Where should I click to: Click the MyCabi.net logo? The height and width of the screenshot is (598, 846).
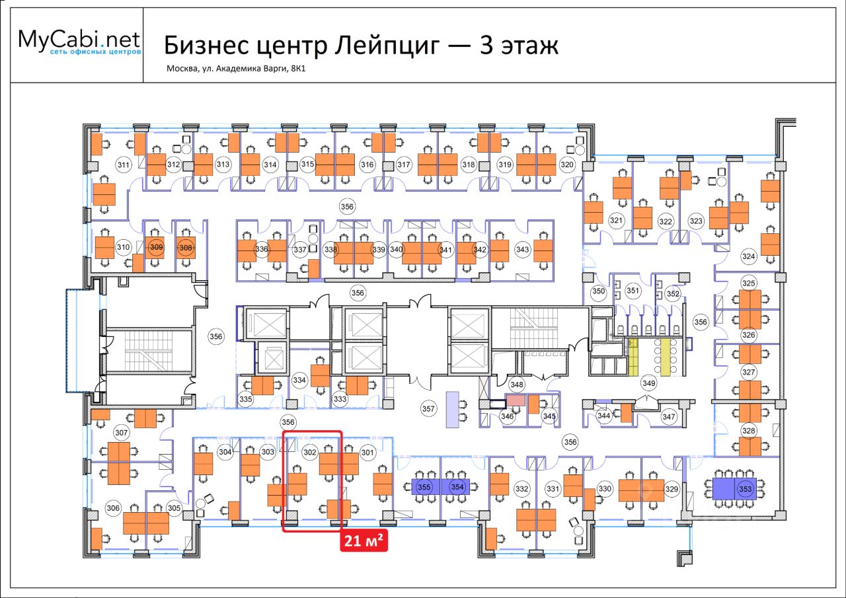point(79,42)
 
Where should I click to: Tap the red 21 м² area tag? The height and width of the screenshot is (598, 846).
point(364,542)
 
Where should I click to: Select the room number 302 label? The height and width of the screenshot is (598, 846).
point(309,453)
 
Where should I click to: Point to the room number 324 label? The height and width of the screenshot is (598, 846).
point(748,256)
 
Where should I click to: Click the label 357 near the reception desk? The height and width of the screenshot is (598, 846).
point(429,409)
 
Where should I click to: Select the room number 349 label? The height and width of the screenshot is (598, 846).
point(648,383)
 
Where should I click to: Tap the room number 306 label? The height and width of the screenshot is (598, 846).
point(113,507)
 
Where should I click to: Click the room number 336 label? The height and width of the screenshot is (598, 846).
point(262,249)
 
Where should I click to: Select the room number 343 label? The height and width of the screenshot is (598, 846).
point(523,249)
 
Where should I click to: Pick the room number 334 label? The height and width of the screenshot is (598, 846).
point(299,380)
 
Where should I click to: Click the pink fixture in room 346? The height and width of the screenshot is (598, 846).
point(516,400)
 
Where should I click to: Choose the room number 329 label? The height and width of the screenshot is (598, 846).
point(672,489)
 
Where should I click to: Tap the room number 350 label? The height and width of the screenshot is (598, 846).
point(598,291)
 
